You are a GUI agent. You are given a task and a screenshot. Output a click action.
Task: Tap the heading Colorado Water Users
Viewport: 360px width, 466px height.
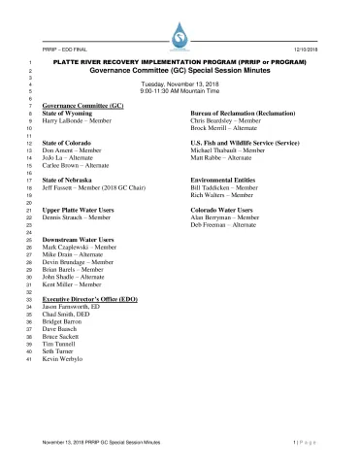[x=229, y=211]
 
